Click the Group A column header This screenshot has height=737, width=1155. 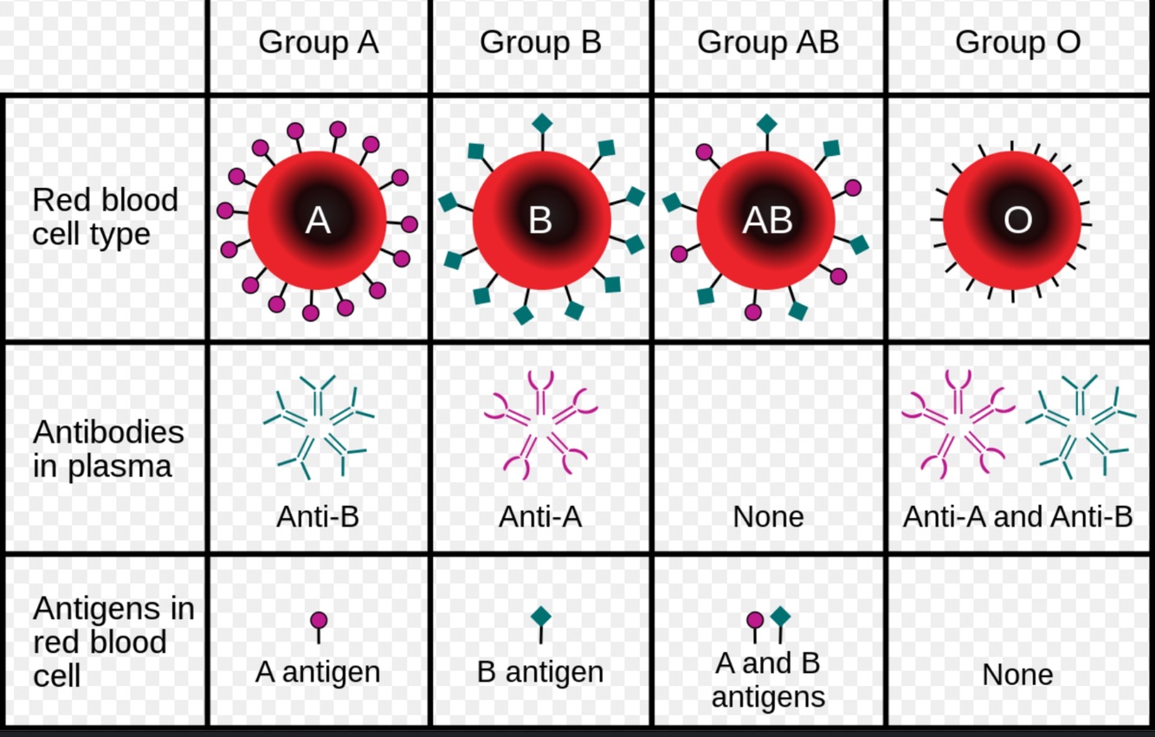click(x=318, y=42)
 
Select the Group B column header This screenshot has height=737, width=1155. click(x=540, y=42)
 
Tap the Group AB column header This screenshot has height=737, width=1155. click(x=768, y=42)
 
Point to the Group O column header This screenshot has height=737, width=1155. click(x=1017, y=42)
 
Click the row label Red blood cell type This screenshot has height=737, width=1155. click(x=105, y=217)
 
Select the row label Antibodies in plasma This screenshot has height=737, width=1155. click(x=108, y=449)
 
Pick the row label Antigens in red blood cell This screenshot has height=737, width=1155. click(x=113, y=642)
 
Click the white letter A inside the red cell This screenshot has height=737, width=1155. click(x=318, y=222)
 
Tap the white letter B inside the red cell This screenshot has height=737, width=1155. click(x=540, y=222)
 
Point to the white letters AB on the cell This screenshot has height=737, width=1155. click(x=768, y=222)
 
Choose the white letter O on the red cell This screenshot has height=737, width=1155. click(x=1017, y=222)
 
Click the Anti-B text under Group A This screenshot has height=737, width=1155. click(x=318, y=517)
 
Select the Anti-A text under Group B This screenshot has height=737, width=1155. click(x=540, y=517)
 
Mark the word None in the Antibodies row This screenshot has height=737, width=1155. click(x=768, y=517)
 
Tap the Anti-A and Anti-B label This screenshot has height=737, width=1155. click(x=1017, y=517)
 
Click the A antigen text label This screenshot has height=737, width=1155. click(x=318, y=672)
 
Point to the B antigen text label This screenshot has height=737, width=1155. click(x=540, y=672)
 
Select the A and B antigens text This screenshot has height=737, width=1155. click(x=768, y=680)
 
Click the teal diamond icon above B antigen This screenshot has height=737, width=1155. click(x=541, y=617)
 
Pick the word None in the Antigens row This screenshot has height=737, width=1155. click(x=1017, y=675)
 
